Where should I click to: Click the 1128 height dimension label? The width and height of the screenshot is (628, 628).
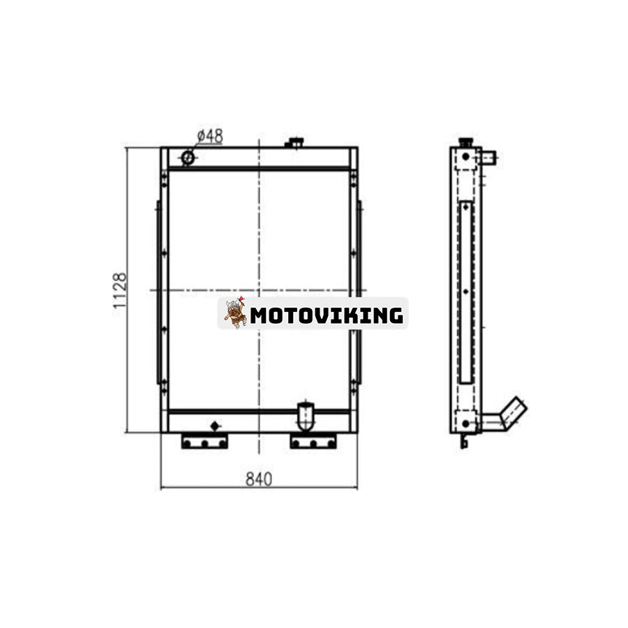[x=120, y=291]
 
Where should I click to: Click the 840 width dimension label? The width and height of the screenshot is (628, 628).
[x=259, y=479]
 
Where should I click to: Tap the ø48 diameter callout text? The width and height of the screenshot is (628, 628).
[x=210, y=136]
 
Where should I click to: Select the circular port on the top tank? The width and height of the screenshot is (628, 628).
[x=188, y=158]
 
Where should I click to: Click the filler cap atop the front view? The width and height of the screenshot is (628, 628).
[x=294, y=142]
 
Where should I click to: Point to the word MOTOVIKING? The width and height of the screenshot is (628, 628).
[x=327, y=315]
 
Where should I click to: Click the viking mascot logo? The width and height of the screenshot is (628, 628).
[x=235, y=313]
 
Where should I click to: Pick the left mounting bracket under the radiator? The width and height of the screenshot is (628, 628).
[x=204, y=441]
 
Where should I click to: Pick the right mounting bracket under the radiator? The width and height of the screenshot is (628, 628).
[x=313, y=441]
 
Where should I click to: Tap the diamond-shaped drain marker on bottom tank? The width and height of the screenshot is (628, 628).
[x=215, y=426]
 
